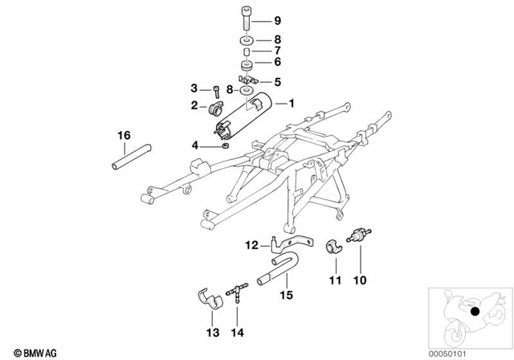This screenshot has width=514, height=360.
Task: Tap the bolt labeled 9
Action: tap(243, 18)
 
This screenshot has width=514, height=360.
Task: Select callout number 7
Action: tap(277, 50)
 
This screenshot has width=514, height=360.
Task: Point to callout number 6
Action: tap(277, 62)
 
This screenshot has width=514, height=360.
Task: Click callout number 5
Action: tap(277, 81)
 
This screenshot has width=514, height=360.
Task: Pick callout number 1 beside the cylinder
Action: tap(291, 104)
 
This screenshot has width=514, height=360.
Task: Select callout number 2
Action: tap(194, 105)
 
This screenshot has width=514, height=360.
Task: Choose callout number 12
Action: tap(250, 244)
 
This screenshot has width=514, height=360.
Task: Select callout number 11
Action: tap(335, 280)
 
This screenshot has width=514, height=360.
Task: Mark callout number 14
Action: tap(236, 332)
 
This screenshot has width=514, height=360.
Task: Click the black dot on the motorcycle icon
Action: tap(475, 312)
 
